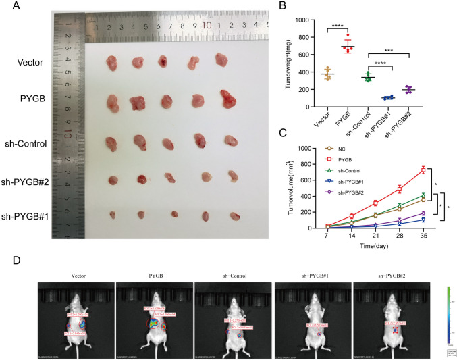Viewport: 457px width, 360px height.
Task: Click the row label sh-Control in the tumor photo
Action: point(42,144)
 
